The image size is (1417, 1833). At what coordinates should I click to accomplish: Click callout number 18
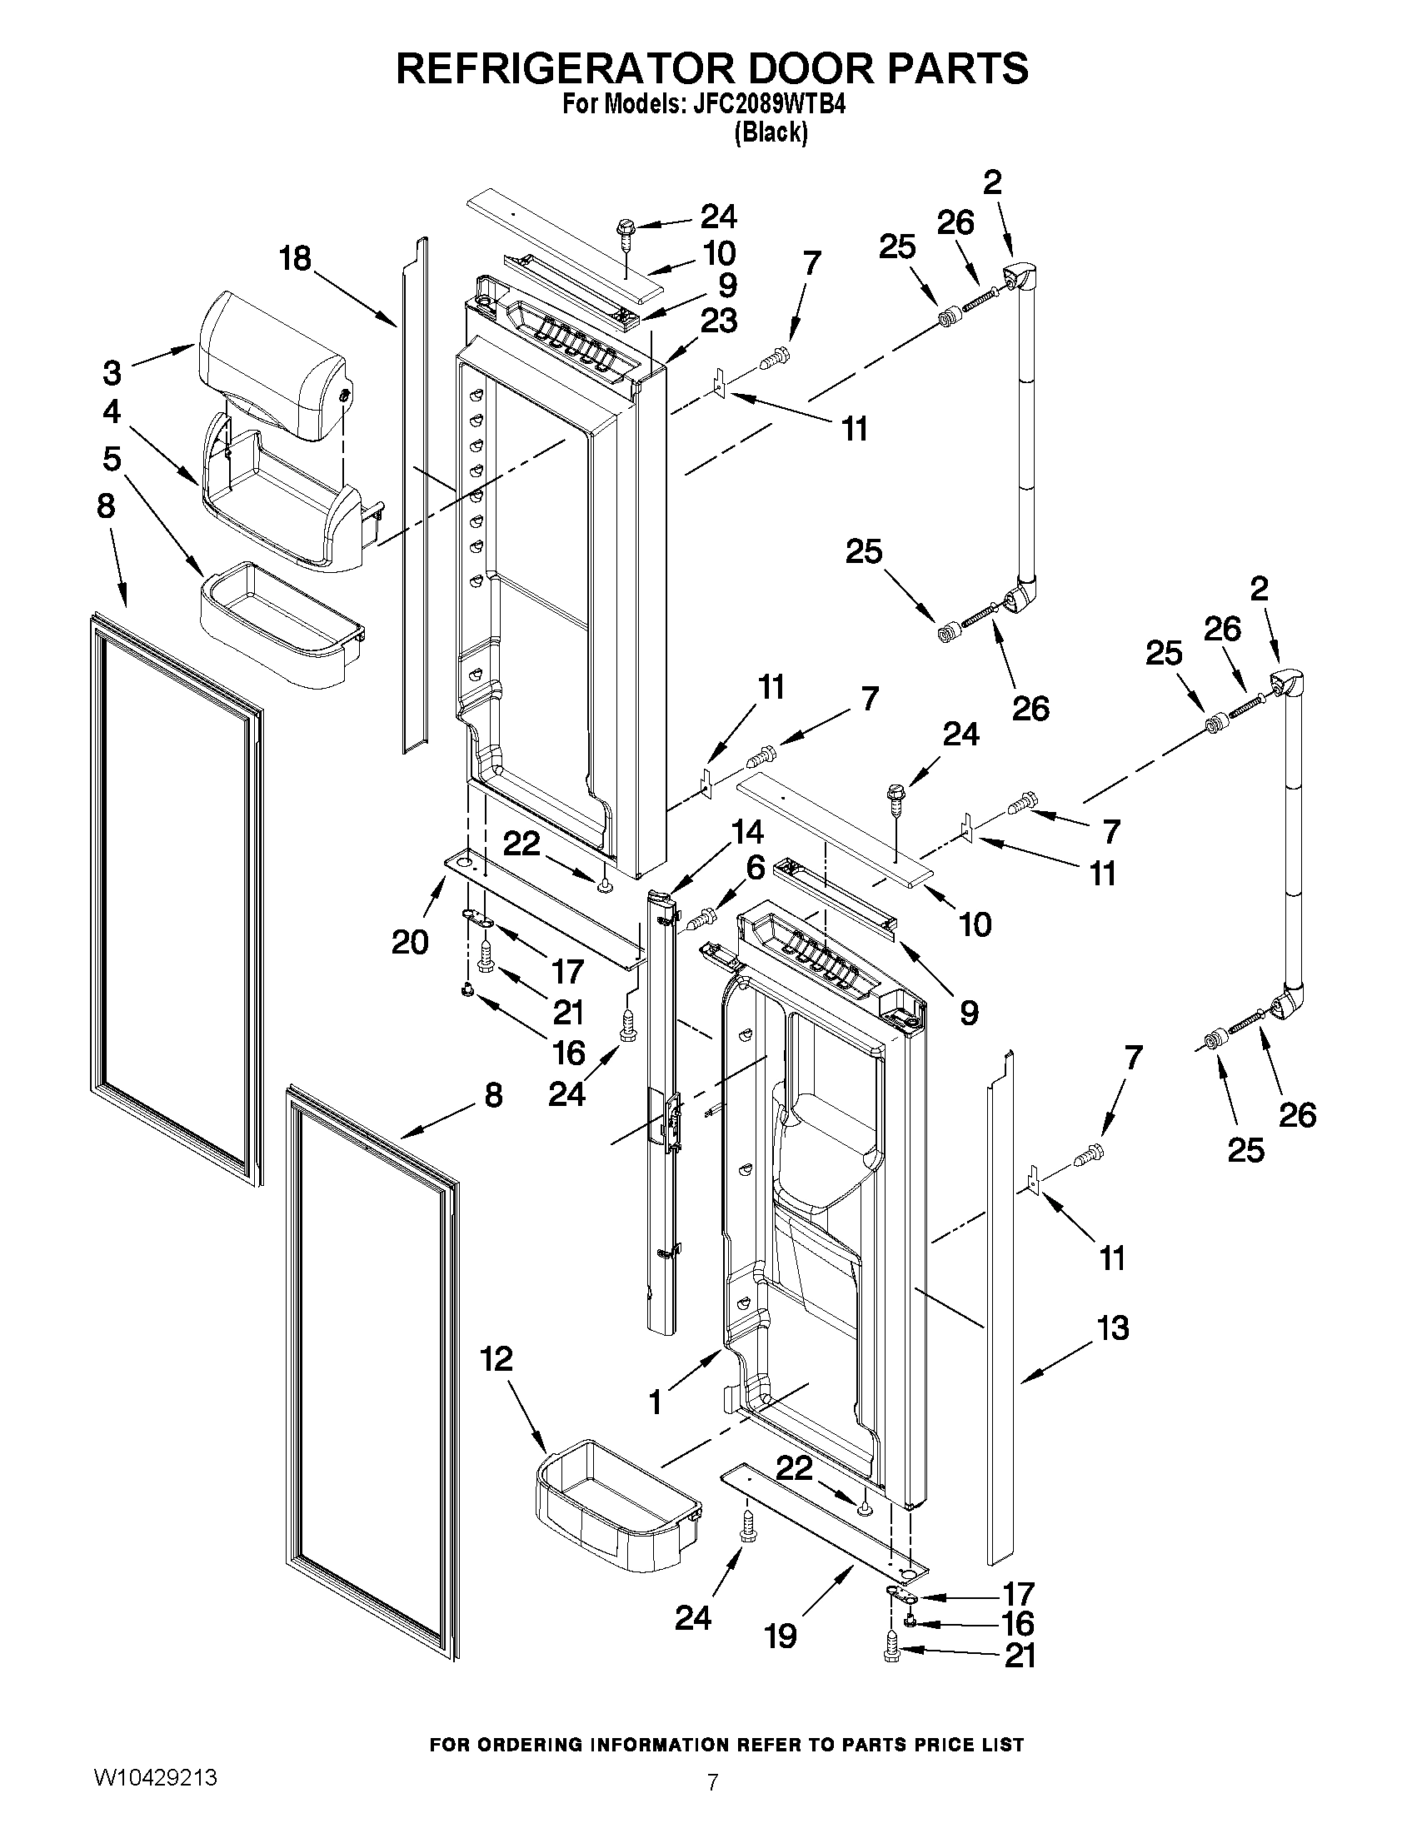pyautogui.click(x=296, y=258)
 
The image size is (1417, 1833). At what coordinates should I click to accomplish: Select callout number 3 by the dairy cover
pyautogui.click(x=112, y=371)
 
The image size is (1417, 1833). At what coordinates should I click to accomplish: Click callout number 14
pyautogui.click(x=746, y=832)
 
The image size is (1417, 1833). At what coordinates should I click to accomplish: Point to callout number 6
pyautogui.click(x=756, y=868)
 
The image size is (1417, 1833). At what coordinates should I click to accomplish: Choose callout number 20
pyautogui.click(x=410, y=942)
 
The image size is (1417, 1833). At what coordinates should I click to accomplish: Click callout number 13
pyautogui.click(x=1113, y=1328)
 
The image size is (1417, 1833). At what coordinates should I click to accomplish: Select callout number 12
pyautogui.click(x=497, y=1359)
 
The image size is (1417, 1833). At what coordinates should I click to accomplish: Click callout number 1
pyautogui.click(x=655, y=1402)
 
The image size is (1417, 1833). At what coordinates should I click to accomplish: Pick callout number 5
pyautogui.click(x=112, y=459)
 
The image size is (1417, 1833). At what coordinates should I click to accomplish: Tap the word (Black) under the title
pyautogui.click(x=771, y=132)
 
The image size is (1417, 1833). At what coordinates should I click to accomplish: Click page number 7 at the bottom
pyautogui.click(x=712, y=1782)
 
